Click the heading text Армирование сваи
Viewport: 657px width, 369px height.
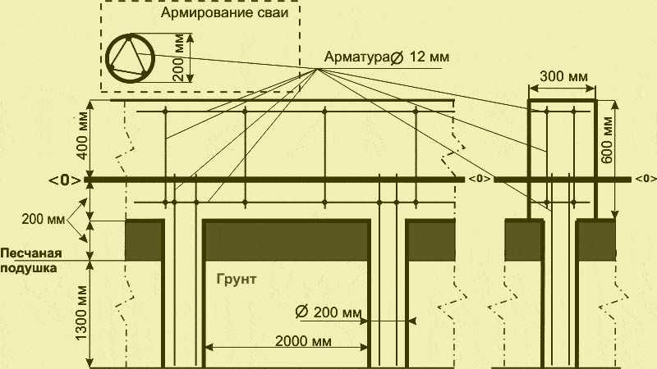pos(224,12)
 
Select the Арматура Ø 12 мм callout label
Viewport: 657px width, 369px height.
pos(386,57)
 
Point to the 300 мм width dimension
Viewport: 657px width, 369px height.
pos(563,76)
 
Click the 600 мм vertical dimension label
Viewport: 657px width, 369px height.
pos(607,140)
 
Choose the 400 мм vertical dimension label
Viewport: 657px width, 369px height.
pos(83,135)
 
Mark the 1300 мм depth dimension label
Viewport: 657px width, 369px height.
pos(81,313)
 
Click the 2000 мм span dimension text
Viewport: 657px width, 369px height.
pos(303,341)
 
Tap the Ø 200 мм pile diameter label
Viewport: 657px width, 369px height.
pos(328,312)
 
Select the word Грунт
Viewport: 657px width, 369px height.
pos(237,280)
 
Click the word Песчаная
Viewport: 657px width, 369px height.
pos(31,253)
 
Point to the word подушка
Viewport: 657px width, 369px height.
pos(29,267)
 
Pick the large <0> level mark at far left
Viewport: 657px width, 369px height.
pos(65,180)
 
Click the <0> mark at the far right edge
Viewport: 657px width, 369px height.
pos(646,179)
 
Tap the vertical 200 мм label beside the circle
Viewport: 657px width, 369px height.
pos(178,58)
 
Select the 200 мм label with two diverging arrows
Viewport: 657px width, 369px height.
pos(44,219)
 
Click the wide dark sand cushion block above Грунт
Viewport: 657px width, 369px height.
pos(287,240)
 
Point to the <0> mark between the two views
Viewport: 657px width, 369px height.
pos(479,179)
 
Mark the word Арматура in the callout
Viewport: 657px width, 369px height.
pos(357,57)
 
